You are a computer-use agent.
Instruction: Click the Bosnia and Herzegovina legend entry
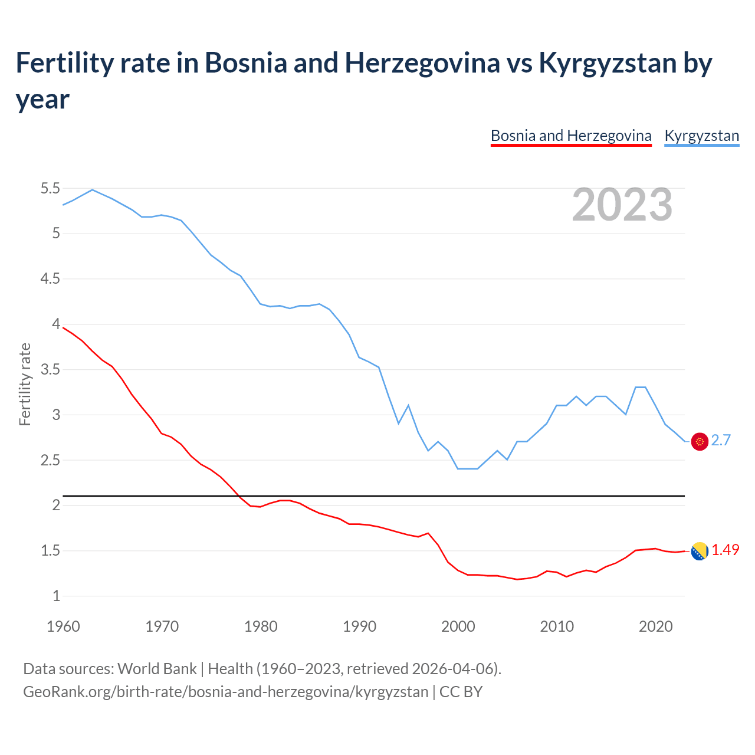coord(571,136)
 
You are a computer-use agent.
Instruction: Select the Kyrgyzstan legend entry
coord(701,136)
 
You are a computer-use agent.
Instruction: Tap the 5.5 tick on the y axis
coord(50,189)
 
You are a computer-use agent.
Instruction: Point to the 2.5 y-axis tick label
coord(50,460)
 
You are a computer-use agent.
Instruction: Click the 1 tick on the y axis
coord(57,596)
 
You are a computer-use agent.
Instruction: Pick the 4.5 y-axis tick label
coord(50,279)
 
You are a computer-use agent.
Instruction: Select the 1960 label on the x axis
coord(63,626)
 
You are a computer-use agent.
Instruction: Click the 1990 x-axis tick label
coord(359,626)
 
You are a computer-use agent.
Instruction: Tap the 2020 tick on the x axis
coord(655,626)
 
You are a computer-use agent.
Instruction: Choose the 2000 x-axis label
coord(458,626)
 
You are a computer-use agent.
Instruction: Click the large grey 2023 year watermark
coord(622,205)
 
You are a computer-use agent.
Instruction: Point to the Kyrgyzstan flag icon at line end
coord(700,441)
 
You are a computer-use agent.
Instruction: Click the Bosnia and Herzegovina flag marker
coord(700,551)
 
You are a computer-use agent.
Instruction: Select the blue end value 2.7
coord(721,441)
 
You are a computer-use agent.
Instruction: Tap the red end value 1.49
coord(725,550)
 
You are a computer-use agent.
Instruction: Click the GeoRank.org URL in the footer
coord(225,691)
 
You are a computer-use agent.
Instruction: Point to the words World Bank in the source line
coord(157,668)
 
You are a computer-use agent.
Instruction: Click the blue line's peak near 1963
coord(92,190)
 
